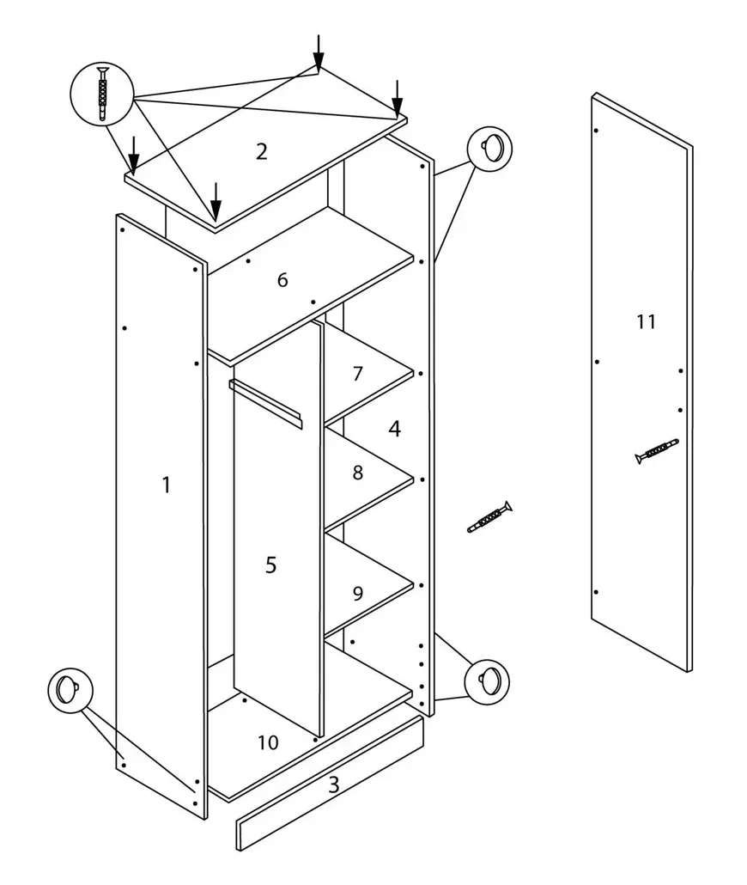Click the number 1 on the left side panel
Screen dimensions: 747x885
point(166,485)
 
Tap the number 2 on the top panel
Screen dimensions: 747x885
point(261,151)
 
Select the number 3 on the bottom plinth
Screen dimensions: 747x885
point(333,784)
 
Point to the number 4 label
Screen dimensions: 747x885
point(394,429)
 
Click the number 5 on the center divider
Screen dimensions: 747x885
point(270,565)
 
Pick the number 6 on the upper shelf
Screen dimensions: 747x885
point(282,280)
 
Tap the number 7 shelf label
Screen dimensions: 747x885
point(357,374)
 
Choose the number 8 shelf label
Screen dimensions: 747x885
point(357,473)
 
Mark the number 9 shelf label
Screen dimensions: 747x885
point(357,593)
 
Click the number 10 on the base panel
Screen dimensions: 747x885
point(268,742)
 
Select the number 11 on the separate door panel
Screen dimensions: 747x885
point(646,321)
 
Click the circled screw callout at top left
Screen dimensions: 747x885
point(102,94)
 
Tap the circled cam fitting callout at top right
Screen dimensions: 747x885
point(489,149)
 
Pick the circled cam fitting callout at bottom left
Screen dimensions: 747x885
point(70,691)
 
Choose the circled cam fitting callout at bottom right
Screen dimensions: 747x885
point(487,682)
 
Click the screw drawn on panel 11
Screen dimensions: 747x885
point(658,451)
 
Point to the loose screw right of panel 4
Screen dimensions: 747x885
point(489,516)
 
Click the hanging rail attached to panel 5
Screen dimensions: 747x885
point(265,403)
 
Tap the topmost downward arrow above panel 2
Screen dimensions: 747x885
point(319,52)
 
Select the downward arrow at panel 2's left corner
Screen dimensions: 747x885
point(134,155)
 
